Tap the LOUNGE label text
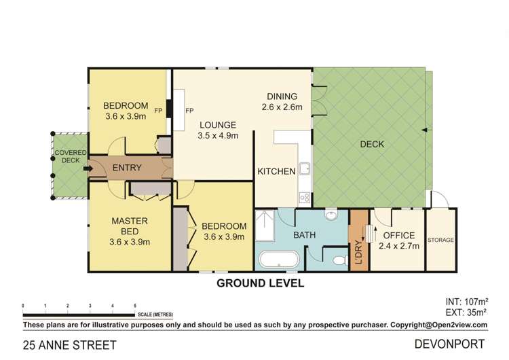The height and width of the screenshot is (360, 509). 217,125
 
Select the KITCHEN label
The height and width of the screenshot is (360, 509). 276,171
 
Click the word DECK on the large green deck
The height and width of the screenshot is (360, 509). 373,144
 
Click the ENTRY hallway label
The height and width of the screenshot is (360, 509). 126,168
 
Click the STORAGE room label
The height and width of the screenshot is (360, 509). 441,240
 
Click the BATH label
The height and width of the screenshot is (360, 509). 303,235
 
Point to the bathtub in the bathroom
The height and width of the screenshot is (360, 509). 279,260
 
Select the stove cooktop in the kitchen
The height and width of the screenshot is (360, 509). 305,198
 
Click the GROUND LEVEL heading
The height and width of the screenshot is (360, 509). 259,283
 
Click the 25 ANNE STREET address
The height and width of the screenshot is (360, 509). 60,344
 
